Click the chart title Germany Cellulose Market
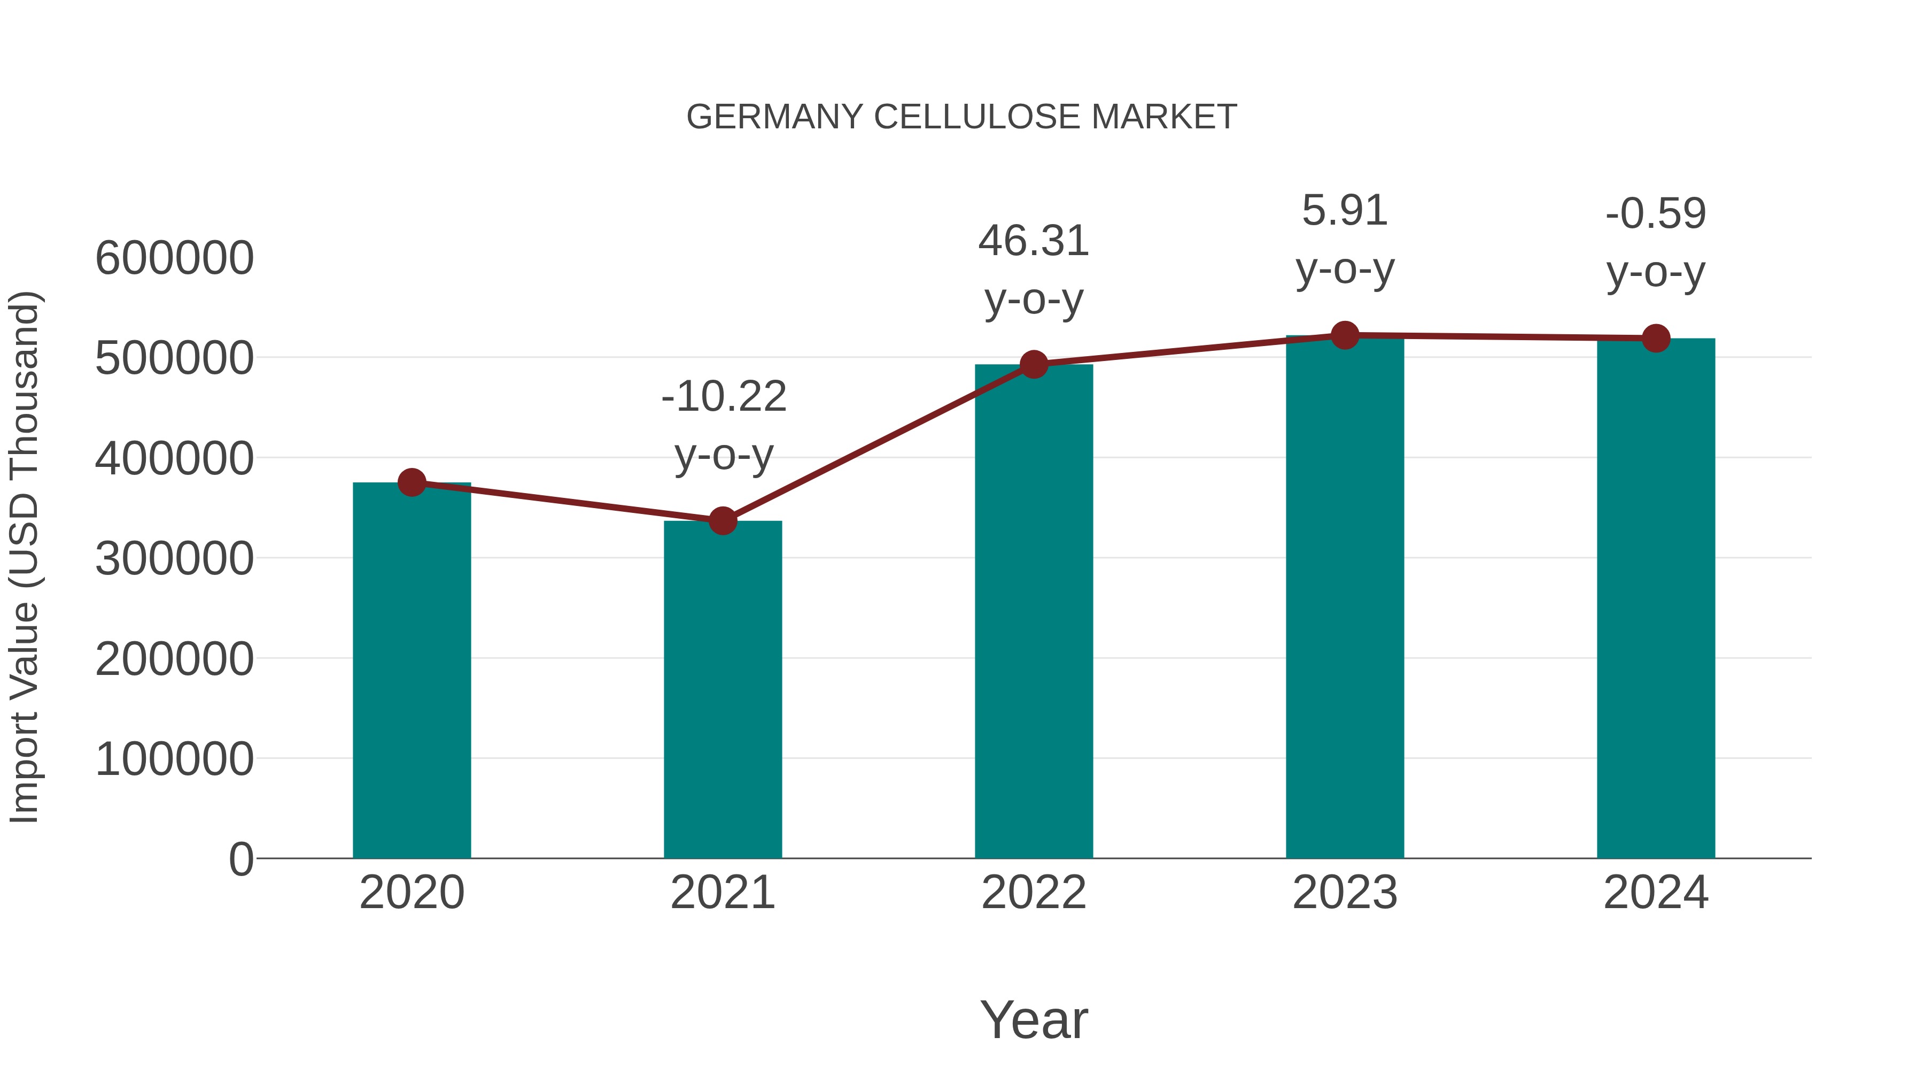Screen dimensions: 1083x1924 pos(961,117)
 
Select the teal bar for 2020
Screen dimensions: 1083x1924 pos(412,673)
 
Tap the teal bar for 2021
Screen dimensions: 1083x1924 pos(722,692)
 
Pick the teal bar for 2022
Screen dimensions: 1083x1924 pos(1034,613)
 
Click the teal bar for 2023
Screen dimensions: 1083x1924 pos(1345,598)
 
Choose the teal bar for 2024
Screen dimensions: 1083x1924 pos(1656,598)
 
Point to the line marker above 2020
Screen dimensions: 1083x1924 pos(412,483)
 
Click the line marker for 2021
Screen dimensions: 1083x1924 pos(722,521)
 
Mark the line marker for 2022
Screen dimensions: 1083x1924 pos(1034,365)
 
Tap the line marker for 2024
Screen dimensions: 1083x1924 pos(1656,339)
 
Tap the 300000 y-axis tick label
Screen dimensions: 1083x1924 pos(175,558)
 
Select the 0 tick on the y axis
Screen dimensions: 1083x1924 pos(241,859)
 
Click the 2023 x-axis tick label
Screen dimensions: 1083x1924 pos(1345,893)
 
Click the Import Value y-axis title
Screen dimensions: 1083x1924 pos(24,557)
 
